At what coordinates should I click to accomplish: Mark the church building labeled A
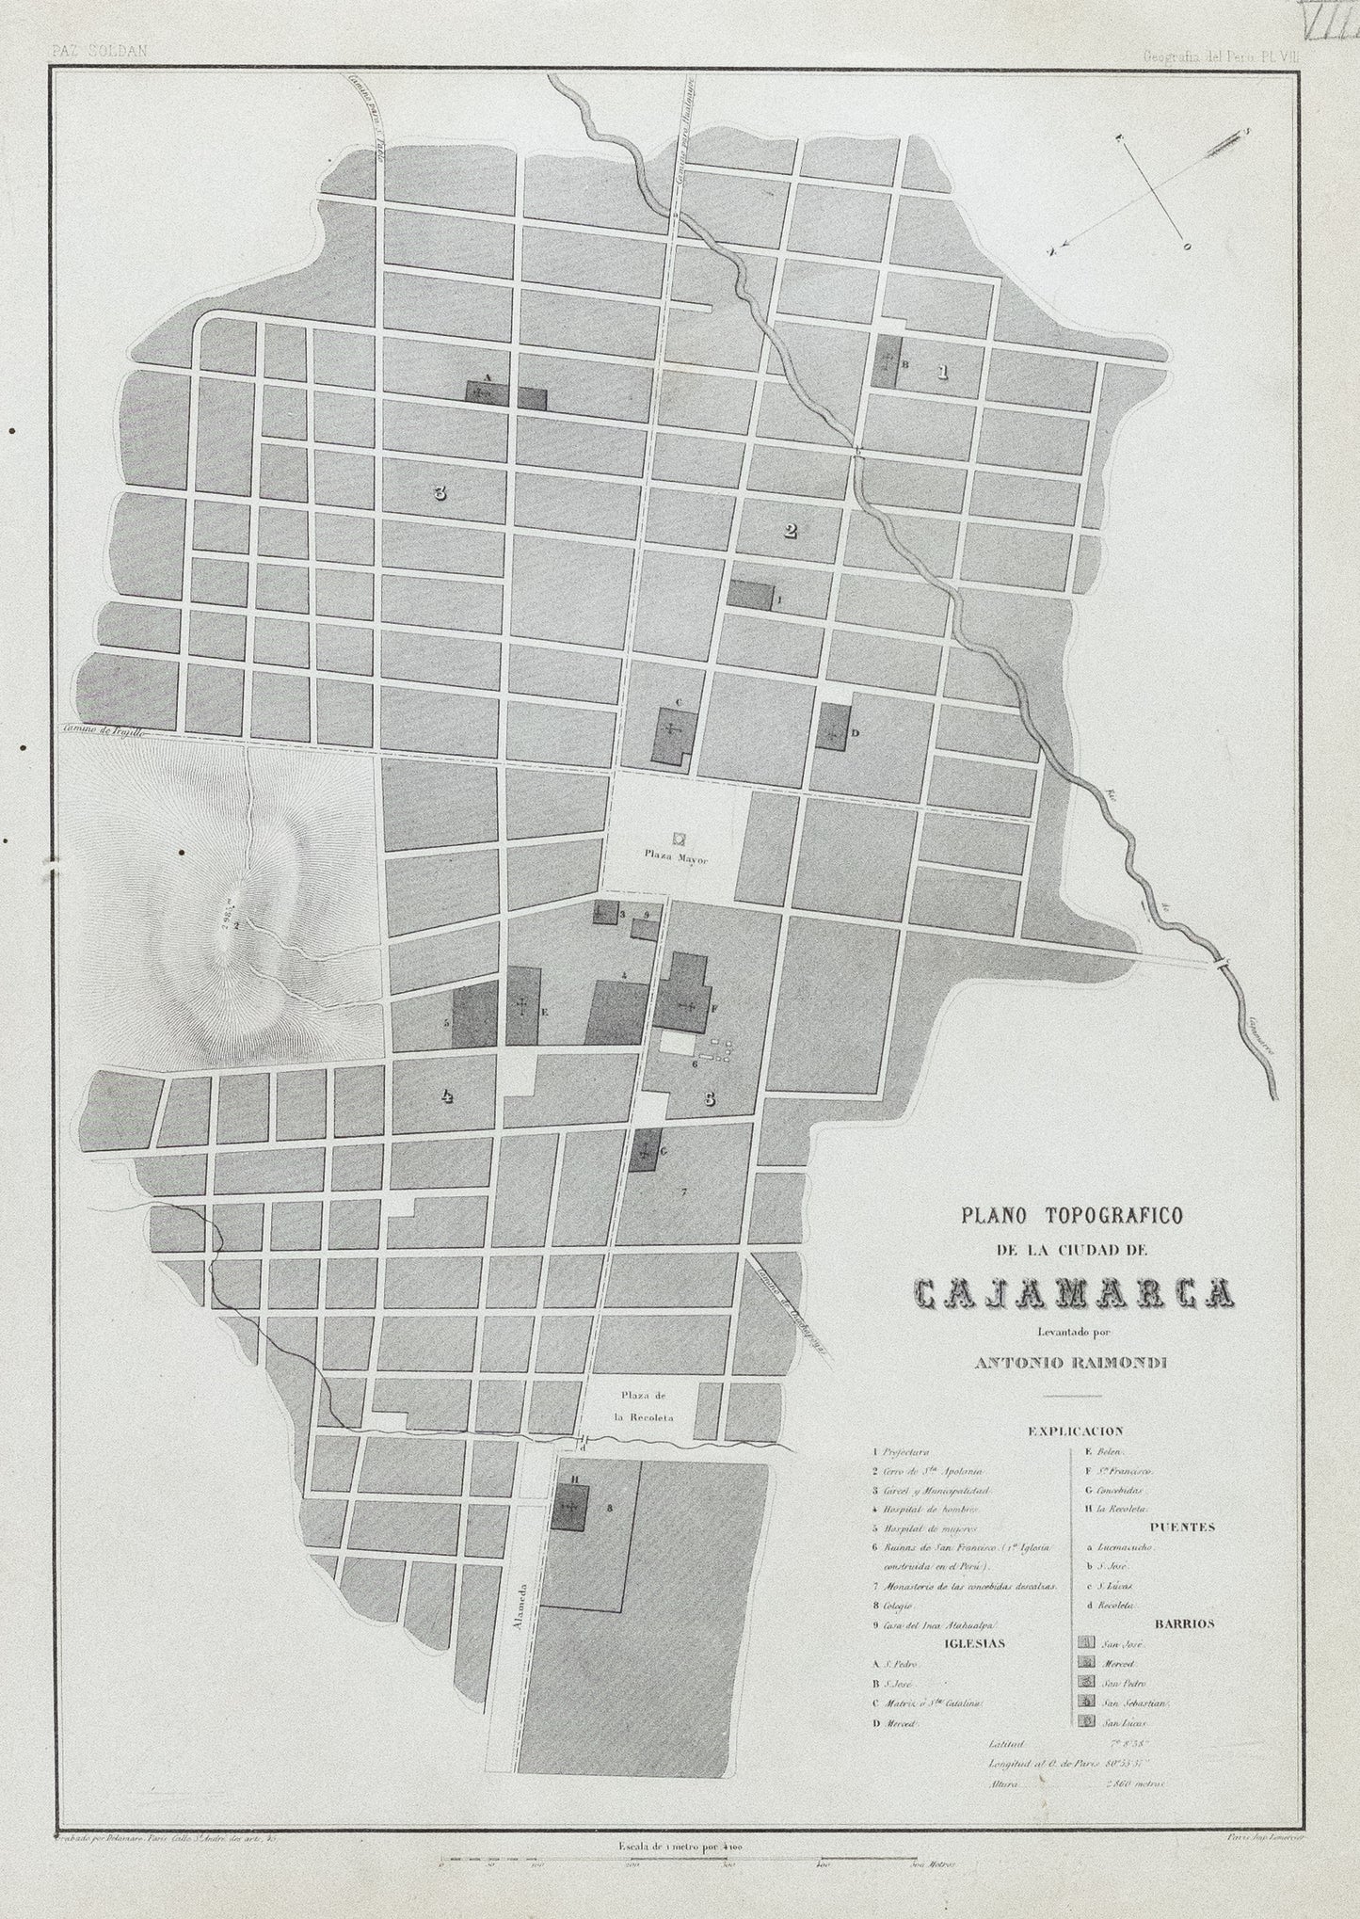tap(487, 393)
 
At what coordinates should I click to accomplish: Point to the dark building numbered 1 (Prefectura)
tap(749, 595)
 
